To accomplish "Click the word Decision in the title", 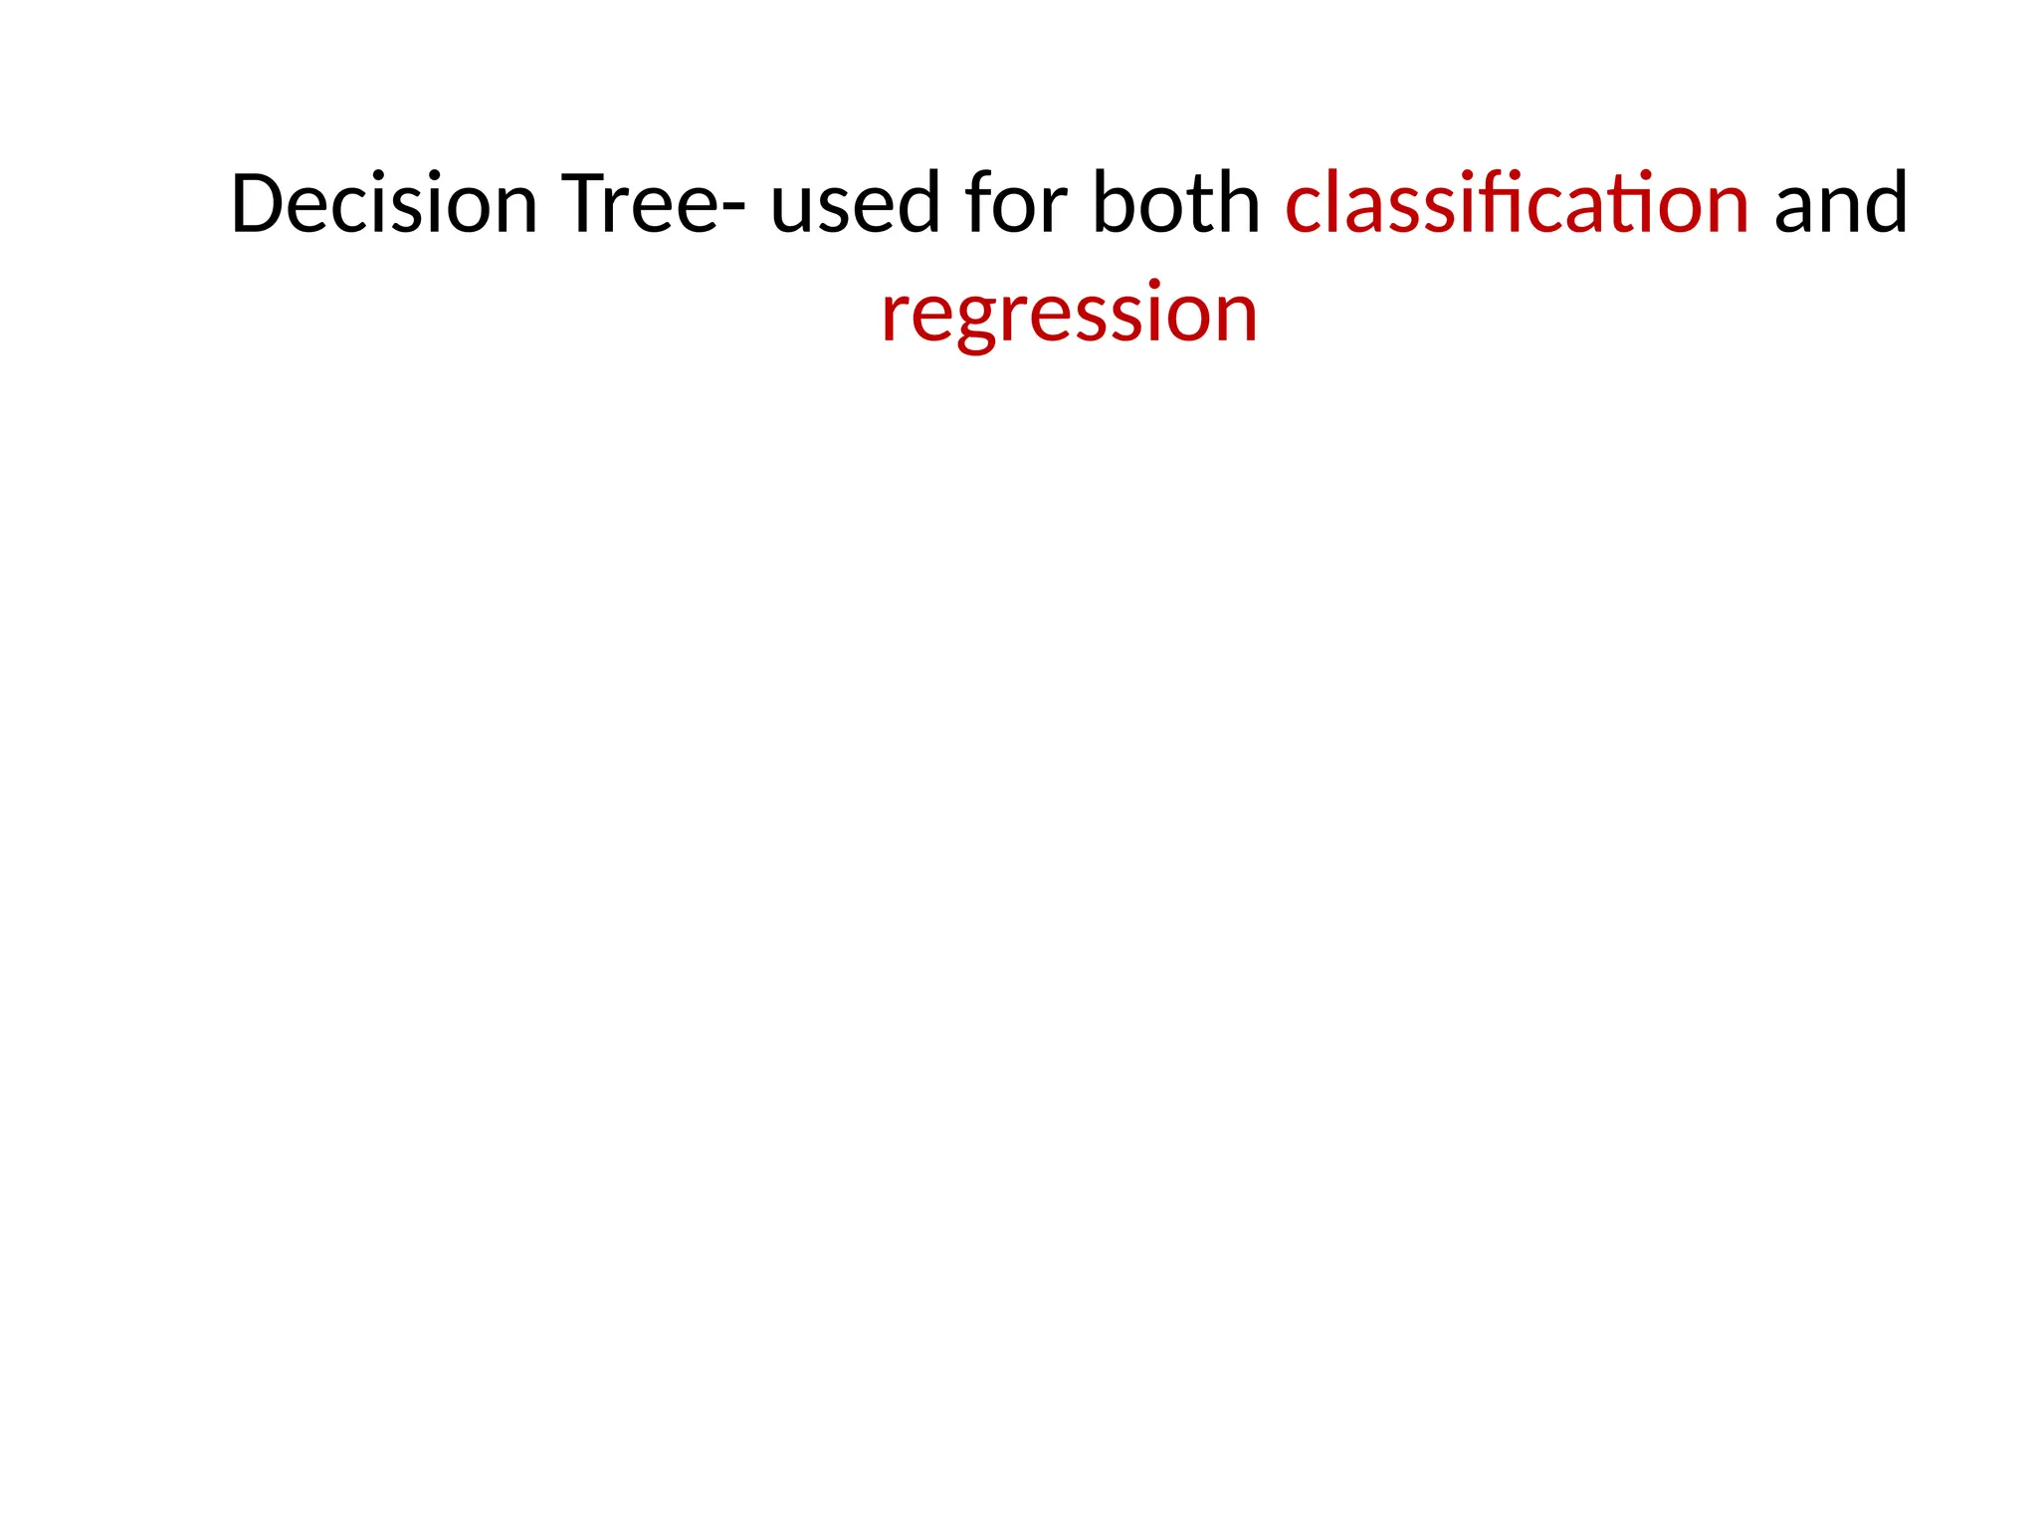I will [384, 203].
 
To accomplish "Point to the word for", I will [1014, 203].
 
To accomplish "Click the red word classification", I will [1517, 203].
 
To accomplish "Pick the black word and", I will [1840, 203].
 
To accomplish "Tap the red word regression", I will [1069, 313].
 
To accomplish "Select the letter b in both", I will [1114, 203].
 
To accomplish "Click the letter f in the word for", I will [979, 203].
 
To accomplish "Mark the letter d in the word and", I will [1885, 203].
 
